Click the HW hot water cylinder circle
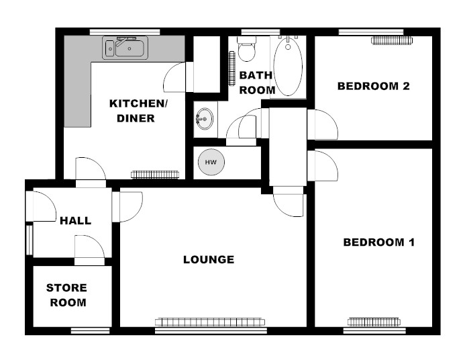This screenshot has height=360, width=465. [211, 162]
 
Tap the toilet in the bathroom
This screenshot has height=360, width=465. [246, 49]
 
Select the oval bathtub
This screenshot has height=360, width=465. [288, 66]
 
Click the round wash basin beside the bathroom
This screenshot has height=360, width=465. [205, 119]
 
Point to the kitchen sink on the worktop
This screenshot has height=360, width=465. [125, 48]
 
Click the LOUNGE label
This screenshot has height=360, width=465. [209, 260]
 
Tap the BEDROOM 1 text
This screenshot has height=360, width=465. [378, 242]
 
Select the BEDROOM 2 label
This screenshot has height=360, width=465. [373, 86]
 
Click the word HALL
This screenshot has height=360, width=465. [75, 220]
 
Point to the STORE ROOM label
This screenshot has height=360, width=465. [67, 295]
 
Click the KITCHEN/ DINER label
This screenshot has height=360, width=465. [138, 111]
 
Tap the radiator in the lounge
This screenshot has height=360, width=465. [210, 322]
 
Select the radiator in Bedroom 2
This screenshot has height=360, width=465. [392, 40]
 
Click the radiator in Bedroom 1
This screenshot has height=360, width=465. [374, 322]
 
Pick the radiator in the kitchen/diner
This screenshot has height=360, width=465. [154, 175]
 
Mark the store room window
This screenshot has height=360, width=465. [91, 330]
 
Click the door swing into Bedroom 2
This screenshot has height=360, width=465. [323, 125]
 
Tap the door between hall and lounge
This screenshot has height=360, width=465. [127, 207]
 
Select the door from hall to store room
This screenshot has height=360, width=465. [89, 250]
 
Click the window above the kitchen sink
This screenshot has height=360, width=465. [125, 32]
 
